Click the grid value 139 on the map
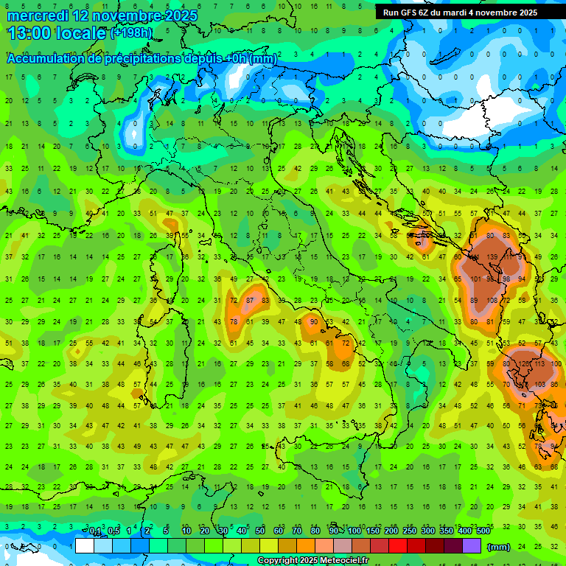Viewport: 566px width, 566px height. tap(493, 257)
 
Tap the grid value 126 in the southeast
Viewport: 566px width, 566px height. tap(525, 364)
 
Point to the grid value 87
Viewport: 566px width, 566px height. tap(251, 300)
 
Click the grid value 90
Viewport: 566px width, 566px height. tap(314, 321)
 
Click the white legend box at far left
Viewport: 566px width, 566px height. tap(85, 546)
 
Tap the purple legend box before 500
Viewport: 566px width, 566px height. tap(471, 546)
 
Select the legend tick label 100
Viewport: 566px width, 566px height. tap(354, 531)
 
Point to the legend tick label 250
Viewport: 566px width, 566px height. tap(409, 531)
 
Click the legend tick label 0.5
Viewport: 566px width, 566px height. tap(113, 531)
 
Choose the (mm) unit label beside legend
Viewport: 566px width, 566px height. tap(499, 547)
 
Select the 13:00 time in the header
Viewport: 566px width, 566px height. tap(27, 33)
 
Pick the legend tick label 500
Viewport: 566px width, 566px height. tap(483, 531)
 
